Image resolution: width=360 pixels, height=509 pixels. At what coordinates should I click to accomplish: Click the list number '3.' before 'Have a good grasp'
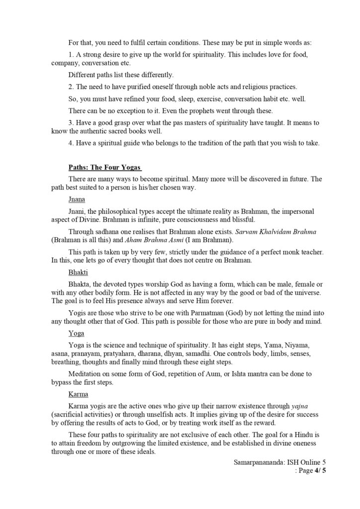(71, 121)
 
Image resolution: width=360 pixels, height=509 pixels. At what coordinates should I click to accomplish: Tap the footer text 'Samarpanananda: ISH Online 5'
(279, 462)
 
